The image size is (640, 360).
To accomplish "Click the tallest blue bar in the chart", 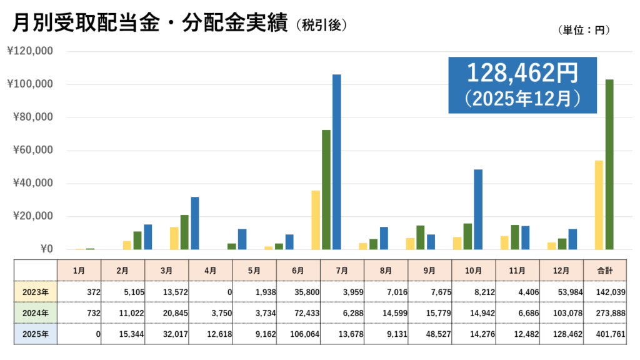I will (337, 162).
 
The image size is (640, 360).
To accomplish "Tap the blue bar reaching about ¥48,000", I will (478, 209).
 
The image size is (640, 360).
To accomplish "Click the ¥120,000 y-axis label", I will (29, 51).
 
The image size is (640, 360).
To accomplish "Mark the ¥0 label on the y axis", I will (43, 249).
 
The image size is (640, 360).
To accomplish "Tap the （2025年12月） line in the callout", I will (522, 98).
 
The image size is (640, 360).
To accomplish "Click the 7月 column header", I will (341, 270).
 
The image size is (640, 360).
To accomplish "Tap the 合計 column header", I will (605, 270).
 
